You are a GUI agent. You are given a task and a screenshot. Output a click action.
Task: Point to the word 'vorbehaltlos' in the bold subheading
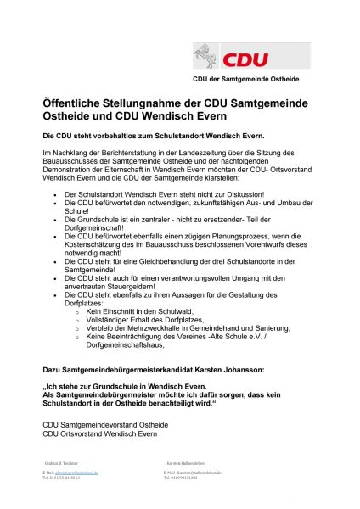coord(113,136)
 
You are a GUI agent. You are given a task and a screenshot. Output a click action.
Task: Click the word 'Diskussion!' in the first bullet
coord(217,193)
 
